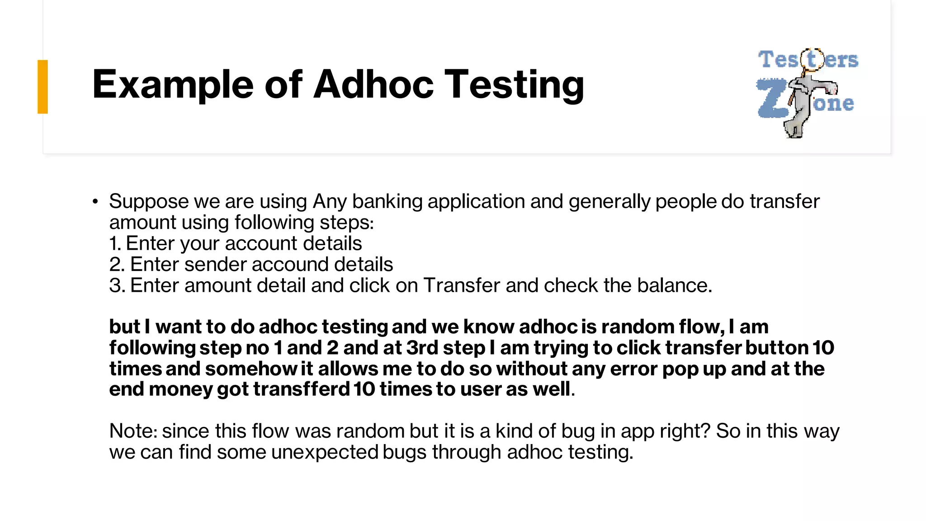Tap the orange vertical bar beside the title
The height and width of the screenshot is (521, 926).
click(43, 86)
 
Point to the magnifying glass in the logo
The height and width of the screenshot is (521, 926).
click(812, 60)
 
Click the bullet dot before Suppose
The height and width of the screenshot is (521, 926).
click(95, 202)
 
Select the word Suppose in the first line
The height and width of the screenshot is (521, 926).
click(149, 202)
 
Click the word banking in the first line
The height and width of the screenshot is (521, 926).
click(387, 202)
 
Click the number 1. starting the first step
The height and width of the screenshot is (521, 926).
click(115, 244)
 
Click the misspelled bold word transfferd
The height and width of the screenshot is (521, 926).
click(301, 389)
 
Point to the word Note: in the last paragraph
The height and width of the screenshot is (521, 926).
click(133, 431)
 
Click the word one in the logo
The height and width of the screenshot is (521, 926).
click(833, 104)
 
